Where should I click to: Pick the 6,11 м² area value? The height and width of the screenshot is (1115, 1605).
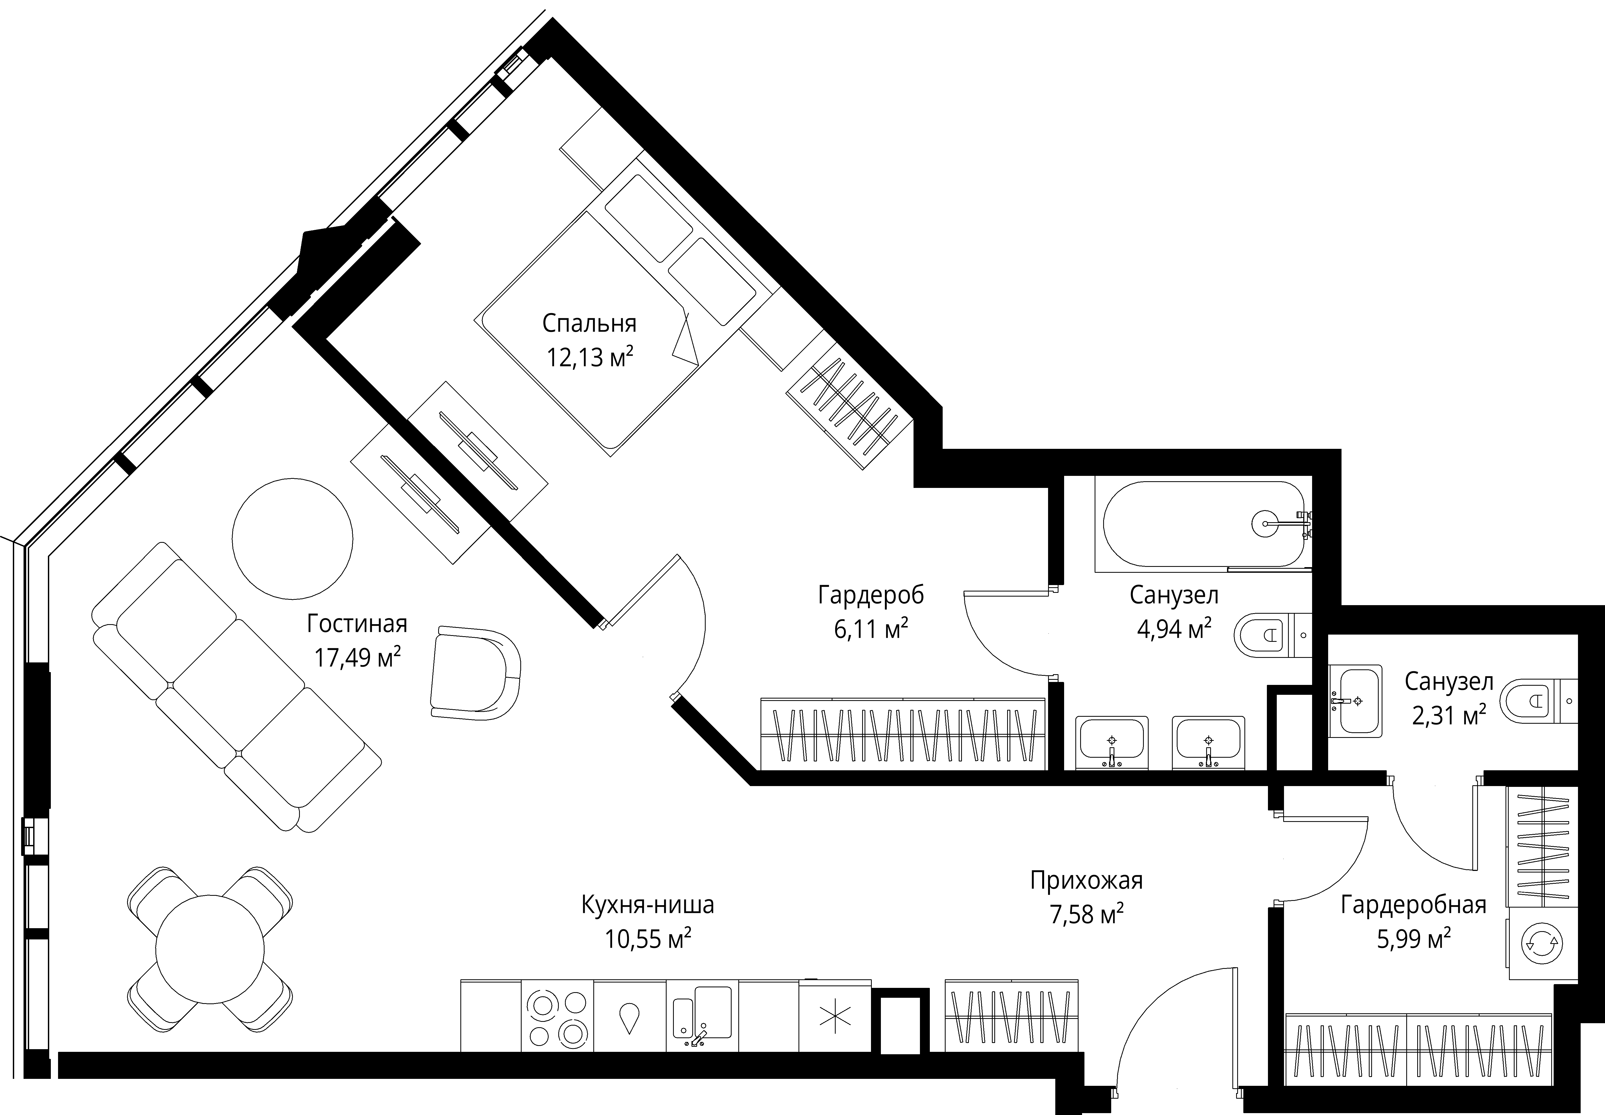coord(870,629)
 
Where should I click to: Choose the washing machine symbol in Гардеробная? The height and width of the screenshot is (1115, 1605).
coord(1542,943)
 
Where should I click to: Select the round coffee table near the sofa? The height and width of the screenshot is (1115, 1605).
coord(293,539)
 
